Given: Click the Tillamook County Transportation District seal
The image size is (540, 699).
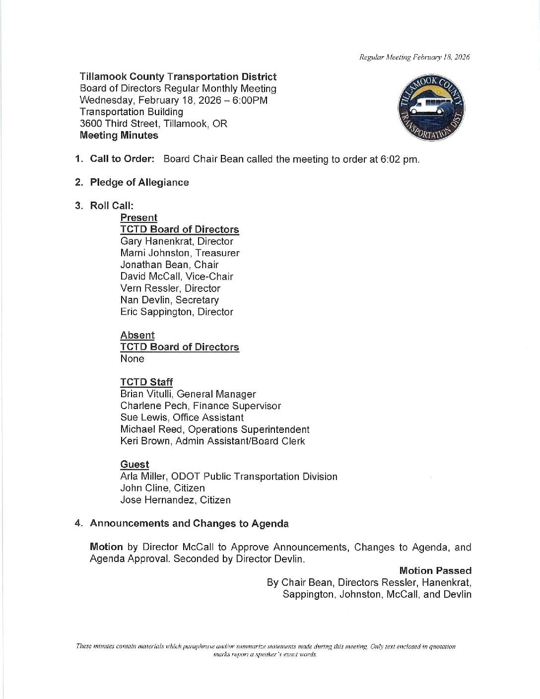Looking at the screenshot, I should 433,109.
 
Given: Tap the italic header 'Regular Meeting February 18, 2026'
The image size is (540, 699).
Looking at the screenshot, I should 414,57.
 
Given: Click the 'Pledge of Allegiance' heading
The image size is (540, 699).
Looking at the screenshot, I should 139,182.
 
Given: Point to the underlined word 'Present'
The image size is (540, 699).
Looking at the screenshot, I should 138,217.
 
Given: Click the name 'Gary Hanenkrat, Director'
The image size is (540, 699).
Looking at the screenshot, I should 176,241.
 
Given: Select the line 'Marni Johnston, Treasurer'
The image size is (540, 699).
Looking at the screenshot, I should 180,253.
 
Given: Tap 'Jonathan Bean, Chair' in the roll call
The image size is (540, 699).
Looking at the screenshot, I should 169,265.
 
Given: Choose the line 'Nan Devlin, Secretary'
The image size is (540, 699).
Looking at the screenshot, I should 169,300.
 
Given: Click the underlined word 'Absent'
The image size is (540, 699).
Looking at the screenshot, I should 137,335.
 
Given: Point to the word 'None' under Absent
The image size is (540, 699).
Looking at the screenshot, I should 132,358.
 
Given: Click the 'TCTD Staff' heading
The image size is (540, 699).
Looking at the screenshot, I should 146,382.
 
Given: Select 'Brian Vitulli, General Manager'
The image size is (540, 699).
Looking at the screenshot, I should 188,394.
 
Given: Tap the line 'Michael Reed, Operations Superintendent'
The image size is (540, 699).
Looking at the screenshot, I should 214,429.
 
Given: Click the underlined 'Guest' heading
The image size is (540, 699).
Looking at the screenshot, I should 135,464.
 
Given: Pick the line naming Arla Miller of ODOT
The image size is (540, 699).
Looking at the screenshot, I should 228,477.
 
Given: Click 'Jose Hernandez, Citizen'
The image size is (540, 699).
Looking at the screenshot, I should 175,500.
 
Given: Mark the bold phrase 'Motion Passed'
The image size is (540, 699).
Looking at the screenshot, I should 435,570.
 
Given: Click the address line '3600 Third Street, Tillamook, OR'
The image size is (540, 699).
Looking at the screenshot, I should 153,124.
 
